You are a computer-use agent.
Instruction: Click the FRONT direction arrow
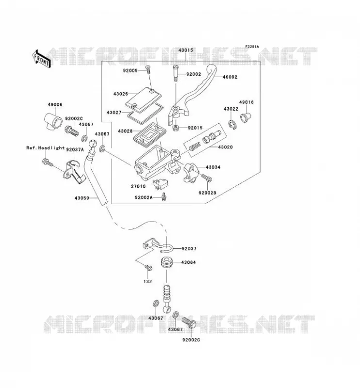[x=41, y=59]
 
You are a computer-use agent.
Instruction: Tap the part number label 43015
[x=185, y=50]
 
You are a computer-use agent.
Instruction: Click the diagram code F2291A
[x=252, y=47]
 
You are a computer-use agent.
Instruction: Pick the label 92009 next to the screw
[x=130, y=71]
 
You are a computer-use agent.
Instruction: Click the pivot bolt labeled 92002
[x=176, y=73]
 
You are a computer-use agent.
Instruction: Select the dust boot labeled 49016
[x=245, y=117]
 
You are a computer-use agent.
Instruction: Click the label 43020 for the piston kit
[x=225, y=147]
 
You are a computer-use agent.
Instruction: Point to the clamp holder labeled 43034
[x=191, y=172]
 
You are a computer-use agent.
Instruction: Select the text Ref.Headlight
[x=45, y=148]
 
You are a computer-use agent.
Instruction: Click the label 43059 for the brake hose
[x=82, y=198]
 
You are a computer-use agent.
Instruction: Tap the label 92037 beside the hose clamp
[x=189, y=249]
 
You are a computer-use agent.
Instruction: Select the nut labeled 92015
[x=176, y=128]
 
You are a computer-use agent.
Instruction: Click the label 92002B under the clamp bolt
[x=207, y=192]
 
